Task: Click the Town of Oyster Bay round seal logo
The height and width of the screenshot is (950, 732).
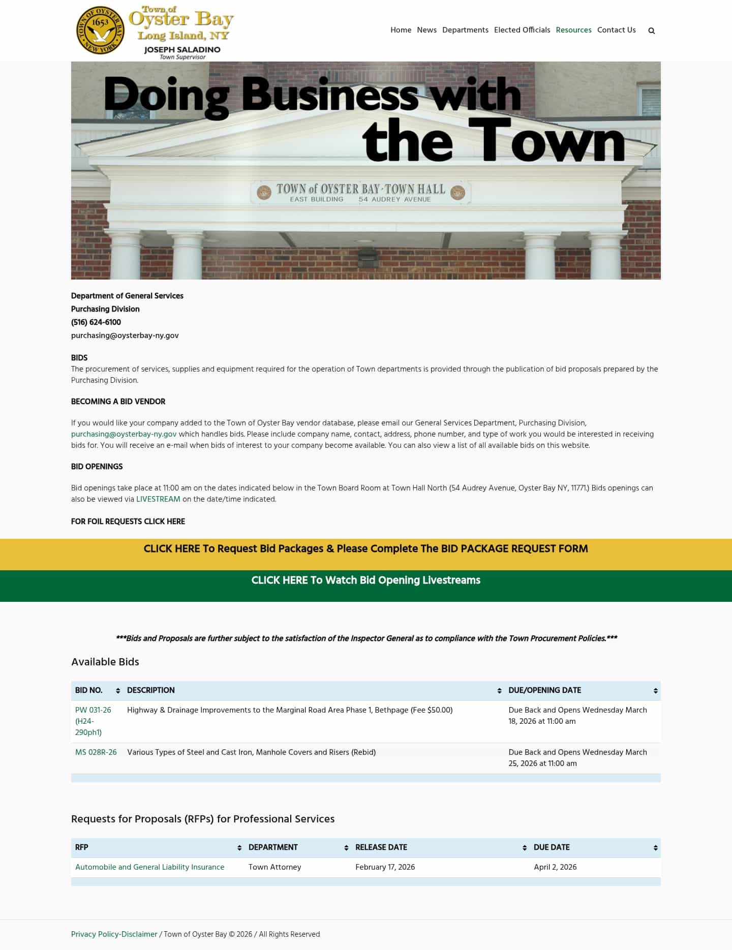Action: point(100,30)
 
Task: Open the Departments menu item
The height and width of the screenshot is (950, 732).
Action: point(465,30)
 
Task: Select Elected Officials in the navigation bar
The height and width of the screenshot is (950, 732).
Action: point(522,30)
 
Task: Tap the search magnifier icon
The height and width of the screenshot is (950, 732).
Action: point(651,30)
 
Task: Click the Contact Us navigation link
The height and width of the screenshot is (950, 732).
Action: point(616,30)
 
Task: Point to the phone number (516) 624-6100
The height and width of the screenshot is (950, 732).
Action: point(96,322)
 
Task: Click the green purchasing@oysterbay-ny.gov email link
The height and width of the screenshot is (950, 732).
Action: point(124,434)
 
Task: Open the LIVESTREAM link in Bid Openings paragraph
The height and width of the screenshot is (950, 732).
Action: point(158,499)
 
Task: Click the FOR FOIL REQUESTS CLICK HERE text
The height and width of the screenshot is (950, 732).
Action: point(128,522)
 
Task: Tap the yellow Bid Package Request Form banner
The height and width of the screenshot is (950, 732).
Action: point(365,549)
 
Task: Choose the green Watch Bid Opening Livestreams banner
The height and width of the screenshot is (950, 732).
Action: point(365,580)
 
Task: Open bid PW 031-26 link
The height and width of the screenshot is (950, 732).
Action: point(93,710)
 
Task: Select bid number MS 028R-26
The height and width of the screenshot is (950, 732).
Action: point(96,752)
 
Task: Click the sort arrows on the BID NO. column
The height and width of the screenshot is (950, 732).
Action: point(118,691)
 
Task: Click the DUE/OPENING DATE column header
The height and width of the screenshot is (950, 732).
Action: point(544,690)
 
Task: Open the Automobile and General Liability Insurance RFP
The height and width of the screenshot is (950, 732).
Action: point(149,867)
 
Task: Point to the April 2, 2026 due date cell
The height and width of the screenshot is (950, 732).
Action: point(555,867)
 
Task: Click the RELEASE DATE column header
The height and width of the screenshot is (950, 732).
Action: point(381,847)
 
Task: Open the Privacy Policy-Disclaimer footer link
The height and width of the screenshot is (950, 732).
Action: point(114,934)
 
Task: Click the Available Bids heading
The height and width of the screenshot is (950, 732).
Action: point(105,662)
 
